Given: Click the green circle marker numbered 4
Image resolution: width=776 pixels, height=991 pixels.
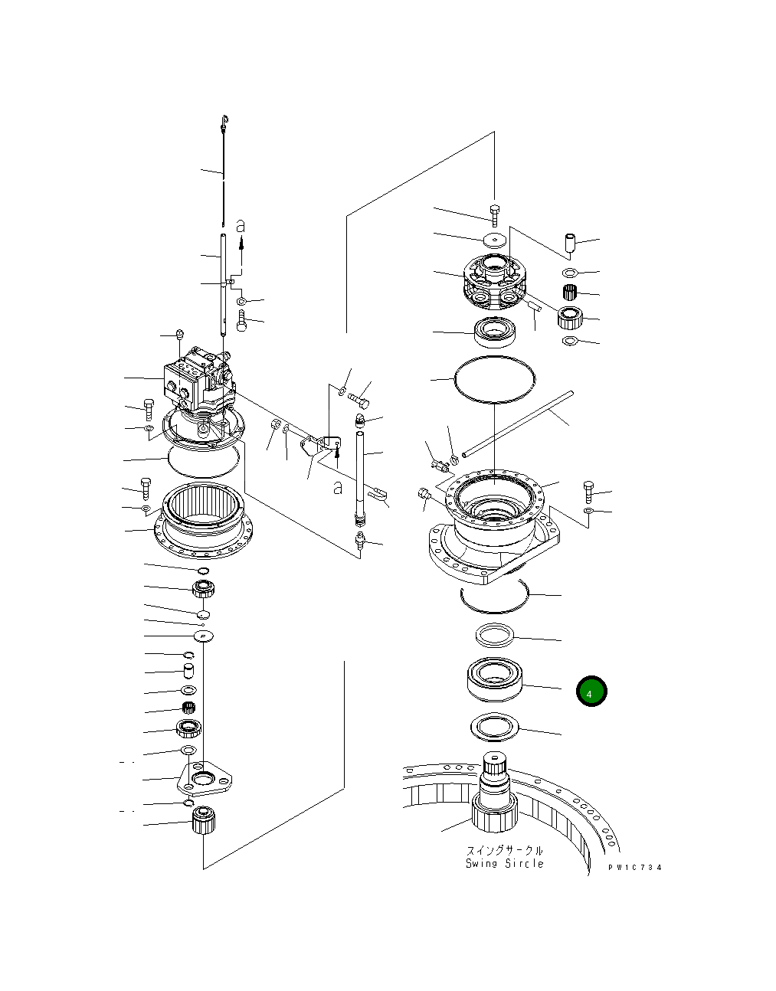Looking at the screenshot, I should (x=591, y=692).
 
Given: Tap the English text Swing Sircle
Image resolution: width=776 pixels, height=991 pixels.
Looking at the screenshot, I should (x=505, y=864).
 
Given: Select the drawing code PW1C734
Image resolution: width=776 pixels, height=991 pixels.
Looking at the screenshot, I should (x=635, y=868).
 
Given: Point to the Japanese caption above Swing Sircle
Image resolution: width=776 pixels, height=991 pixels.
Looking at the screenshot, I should (x=505, y=850).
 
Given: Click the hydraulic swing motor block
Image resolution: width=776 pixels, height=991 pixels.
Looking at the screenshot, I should (x=197, y=379).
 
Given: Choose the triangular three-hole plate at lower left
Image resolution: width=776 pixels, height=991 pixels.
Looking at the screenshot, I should (x=204, y=779).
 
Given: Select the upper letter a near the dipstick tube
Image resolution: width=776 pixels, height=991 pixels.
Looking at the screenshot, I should (x=241, y=226).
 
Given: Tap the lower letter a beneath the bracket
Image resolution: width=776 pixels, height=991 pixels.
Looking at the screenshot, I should (x=337, y=487).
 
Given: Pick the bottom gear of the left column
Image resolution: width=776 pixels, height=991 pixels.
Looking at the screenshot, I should (x=204, y=821).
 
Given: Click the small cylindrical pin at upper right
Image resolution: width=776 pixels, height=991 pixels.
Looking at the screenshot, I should (x=569, y=244).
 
